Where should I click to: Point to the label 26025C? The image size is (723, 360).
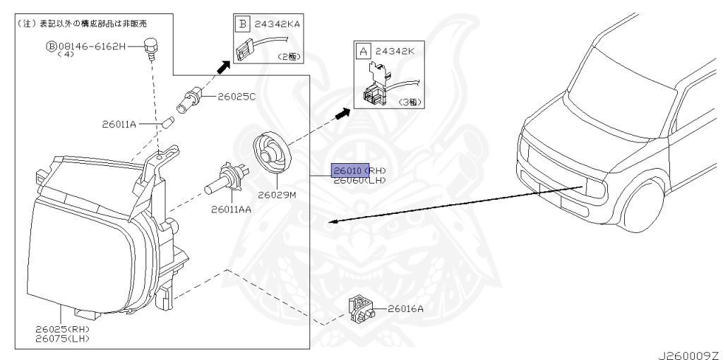(x=237, y=96)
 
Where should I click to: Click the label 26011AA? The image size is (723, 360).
(x=231, y=209)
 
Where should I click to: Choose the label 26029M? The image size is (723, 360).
(x=276, y=194)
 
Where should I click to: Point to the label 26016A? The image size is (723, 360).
(x=405, y=308)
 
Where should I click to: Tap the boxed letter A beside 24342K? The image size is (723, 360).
(x=364, y=51)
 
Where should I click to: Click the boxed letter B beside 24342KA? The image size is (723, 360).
(x=243, y=24)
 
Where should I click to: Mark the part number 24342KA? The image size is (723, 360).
(x=277, y=24)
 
